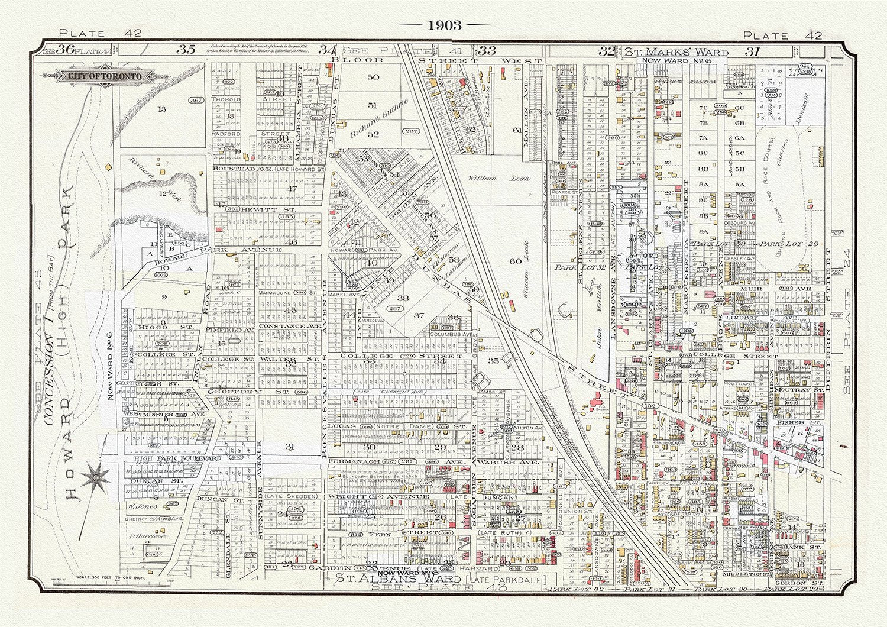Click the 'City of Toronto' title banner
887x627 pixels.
(x=105, y=77)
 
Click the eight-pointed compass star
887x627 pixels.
(x=94, y=477)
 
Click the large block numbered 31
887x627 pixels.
(x=290, y=447)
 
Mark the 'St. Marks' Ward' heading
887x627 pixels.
(x=667, y=51)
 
